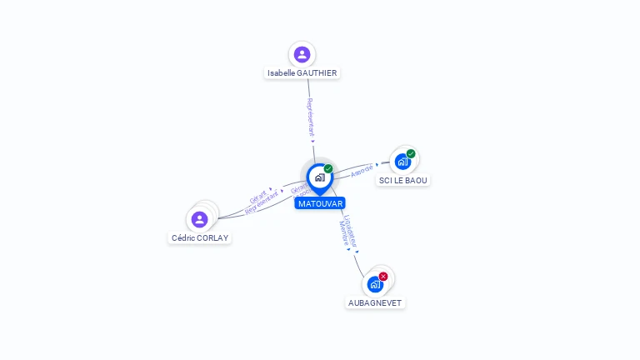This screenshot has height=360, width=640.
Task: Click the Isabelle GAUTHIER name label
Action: [302, 73]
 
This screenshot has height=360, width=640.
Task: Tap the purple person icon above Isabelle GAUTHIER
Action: [302, 55]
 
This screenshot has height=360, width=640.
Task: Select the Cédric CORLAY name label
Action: [200, 237]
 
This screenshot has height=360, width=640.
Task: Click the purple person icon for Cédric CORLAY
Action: [199, 219]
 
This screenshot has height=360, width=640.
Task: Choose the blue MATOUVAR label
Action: [320, 203]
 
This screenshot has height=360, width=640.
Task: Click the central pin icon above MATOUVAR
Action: [319, 177]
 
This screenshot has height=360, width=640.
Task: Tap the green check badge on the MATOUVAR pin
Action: [328, 169]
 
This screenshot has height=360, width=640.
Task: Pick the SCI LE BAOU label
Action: [403, 180]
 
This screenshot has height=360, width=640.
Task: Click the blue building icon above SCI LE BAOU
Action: [402, 162]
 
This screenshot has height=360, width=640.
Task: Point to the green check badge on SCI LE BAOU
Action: [411, 153]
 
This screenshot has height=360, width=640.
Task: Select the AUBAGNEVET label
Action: [375, 302]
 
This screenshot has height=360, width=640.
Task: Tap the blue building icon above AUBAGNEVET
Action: [375, 284]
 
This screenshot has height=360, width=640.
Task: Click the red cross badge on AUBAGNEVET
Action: [383, 276]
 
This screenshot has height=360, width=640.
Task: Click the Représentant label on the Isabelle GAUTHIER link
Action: [311, 117]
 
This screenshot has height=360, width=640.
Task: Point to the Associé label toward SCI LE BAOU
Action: [362, 170]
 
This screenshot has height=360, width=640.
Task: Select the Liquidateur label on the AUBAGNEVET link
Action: [351, 231]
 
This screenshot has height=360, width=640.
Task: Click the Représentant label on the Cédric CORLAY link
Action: [262, 203]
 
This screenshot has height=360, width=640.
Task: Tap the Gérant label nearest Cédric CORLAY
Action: [258, 197]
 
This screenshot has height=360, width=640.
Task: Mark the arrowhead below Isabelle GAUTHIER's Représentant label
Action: [313, 141]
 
